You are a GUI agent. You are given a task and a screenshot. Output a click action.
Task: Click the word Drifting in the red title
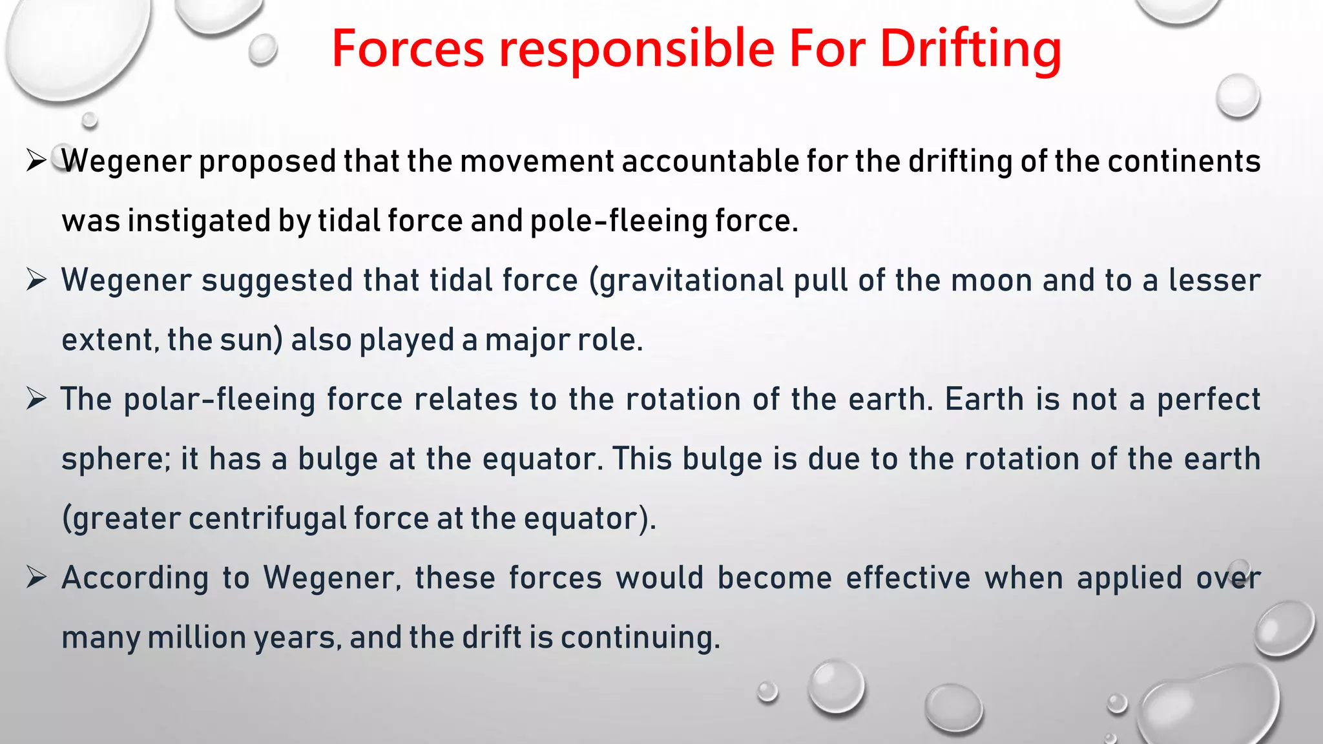pos(970,49)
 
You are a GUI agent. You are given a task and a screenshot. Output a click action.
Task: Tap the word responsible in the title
pos(636,49)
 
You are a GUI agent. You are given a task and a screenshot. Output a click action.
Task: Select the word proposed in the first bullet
pos(267,161)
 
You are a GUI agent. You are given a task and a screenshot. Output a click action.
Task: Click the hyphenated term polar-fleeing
pos(219,400)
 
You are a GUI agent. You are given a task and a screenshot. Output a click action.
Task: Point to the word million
pos(196,637)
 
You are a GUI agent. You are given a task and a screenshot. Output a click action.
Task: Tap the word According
pos(135,578)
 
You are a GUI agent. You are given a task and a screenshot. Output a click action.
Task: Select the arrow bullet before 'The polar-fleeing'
pos(36,398)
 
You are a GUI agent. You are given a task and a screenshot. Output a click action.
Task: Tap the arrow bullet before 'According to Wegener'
pos(36,577)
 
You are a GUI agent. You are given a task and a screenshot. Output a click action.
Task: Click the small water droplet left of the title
pos(263,50)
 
